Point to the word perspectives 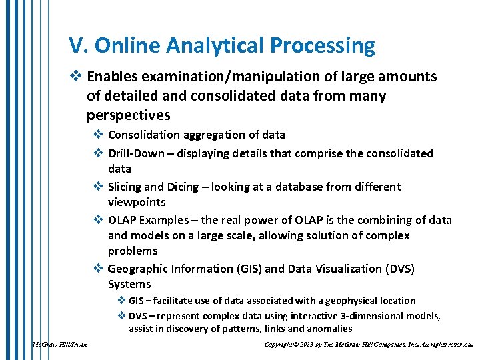click(x=128, y=115)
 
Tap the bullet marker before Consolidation click(x=97, y=135)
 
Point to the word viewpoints click(x=137, y=202)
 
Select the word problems click(x=133, y=251)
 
